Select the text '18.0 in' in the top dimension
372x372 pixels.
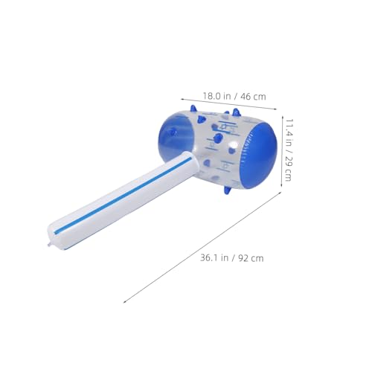pos(217,96)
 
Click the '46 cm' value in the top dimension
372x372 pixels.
pos(252,96)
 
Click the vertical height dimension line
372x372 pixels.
pos(280,149)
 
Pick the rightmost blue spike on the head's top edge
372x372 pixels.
pos(237,113)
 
